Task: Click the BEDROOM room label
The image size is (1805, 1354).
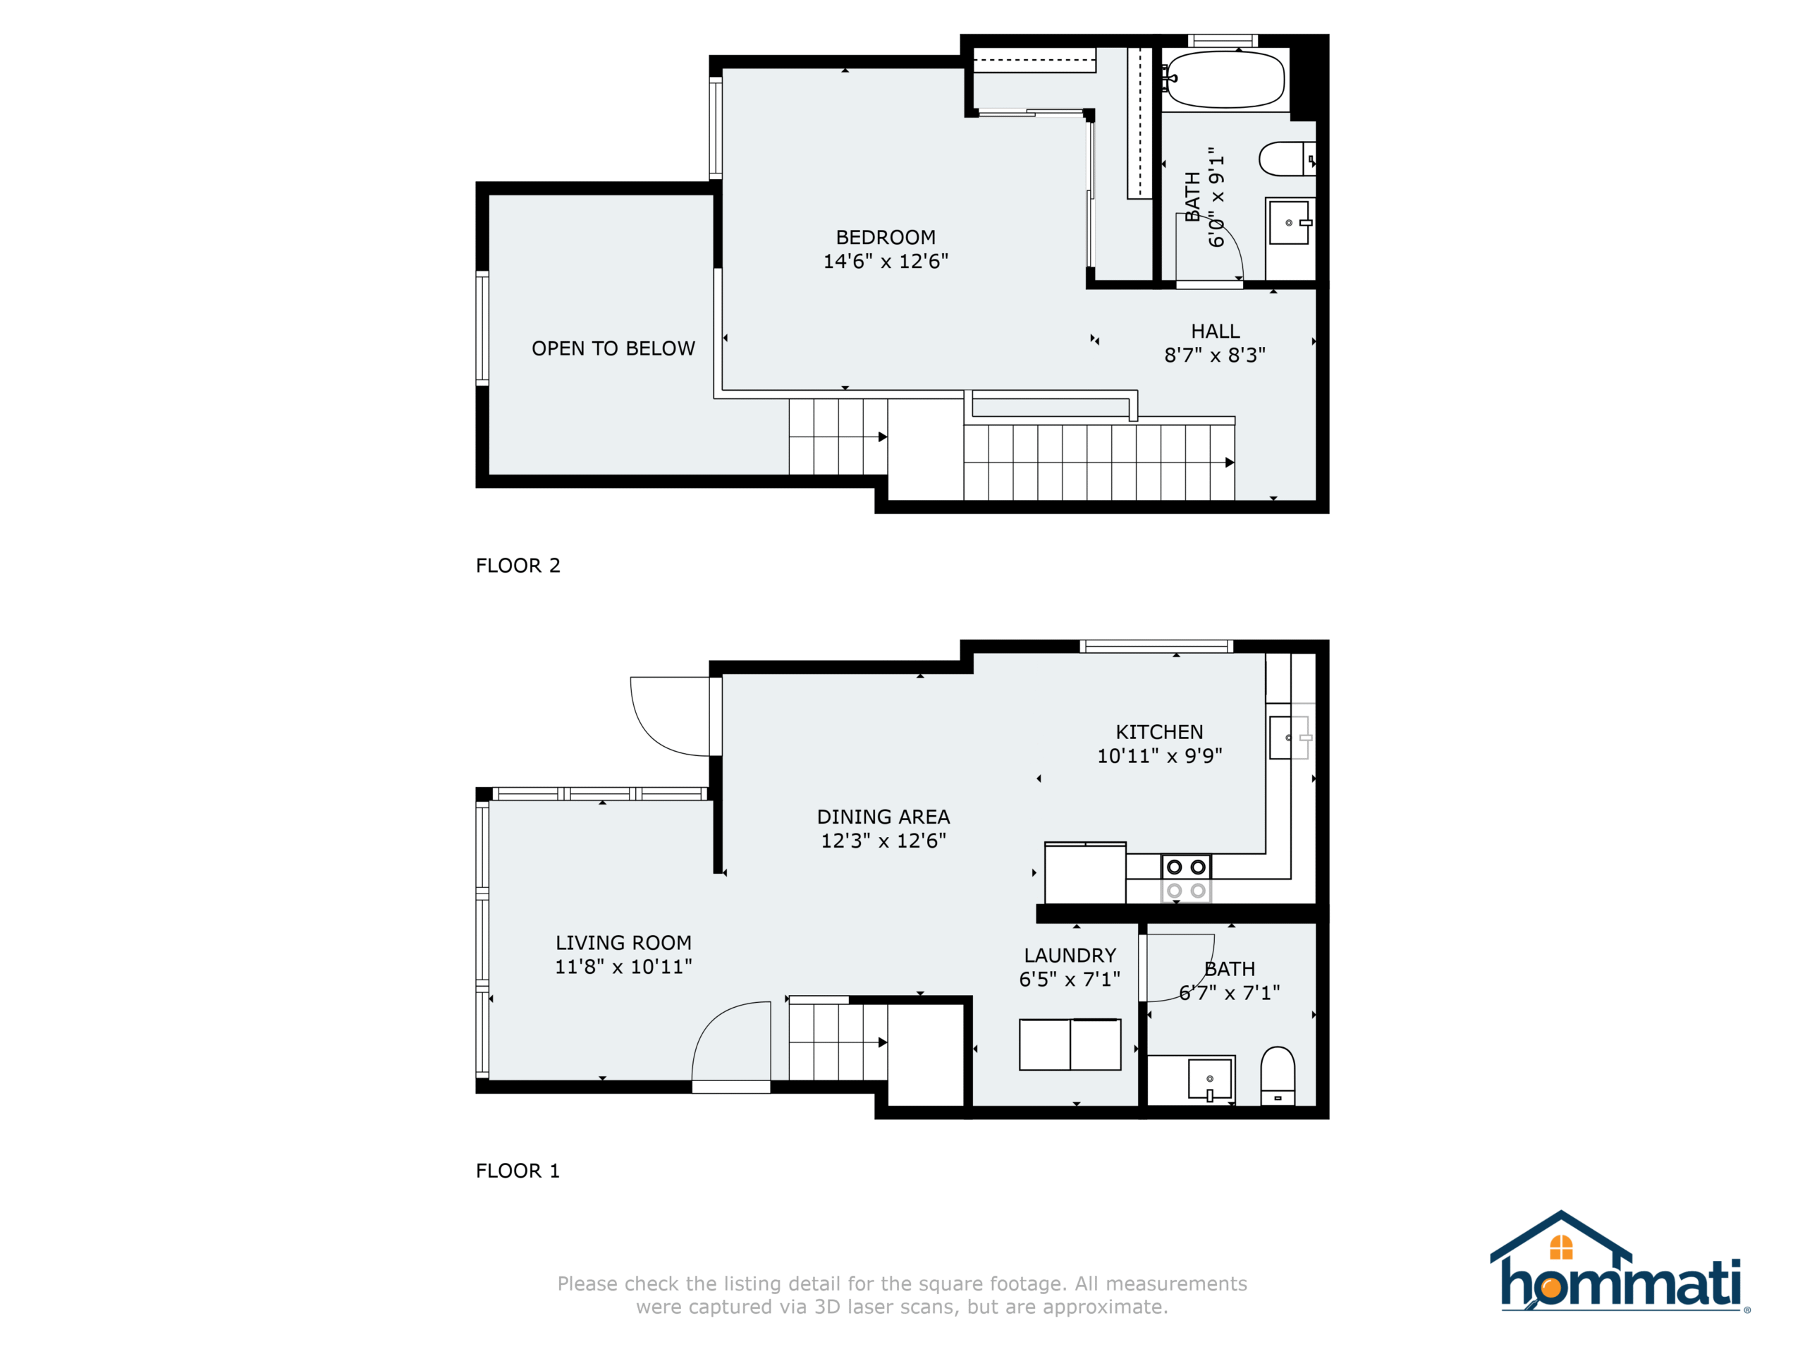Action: click(886, 238)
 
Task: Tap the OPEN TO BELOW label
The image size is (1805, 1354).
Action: click(613, 348)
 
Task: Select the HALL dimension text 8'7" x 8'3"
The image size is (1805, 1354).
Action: click(1214, 355)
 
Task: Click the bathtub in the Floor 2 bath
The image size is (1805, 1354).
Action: click(1223, 80)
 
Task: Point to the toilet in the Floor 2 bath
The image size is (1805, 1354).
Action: click(1287, 159)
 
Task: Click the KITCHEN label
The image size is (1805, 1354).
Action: click(1158, 732)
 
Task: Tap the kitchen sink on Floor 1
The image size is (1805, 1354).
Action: click(1290, 738)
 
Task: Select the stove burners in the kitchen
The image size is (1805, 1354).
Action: click(1186, 878)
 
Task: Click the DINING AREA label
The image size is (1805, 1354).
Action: click(883, 817)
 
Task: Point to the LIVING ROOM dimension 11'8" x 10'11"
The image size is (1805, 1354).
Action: click(623, 966)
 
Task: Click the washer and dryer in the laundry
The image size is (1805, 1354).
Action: click(1070, 1044)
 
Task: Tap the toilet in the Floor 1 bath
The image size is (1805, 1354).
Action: click(1278, 1075)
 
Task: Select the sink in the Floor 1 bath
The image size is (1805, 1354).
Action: click(1209, 1080)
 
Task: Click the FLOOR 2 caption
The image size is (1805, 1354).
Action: click(518, 566)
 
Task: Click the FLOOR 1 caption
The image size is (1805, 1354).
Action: click(518, 1171)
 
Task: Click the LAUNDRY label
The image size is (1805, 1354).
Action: click(1070, 955)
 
